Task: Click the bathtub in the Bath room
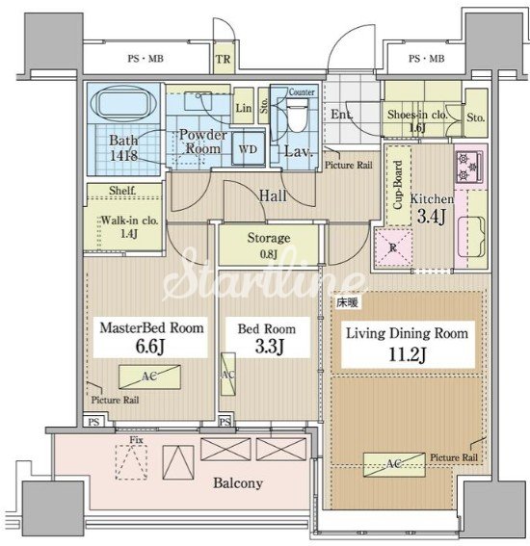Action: (x=123, y=103)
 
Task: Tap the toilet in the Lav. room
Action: (x=297, y=115)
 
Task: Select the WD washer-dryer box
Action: (x=248, y=149)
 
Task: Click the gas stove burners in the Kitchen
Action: (x=469, y=167)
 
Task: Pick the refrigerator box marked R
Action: (x=393, y=247)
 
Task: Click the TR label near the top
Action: (x=223, y=59)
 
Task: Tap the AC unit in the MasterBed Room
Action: (x=149, y=377)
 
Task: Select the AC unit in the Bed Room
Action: (x=227, y=375)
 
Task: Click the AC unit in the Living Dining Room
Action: (x=394, y=464)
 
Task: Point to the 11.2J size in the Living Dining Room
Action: (x=407, y=355)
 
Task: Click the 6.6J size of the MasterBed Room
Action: (x=149, y=347)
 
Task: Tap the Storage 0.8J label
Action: (x=269, y=246)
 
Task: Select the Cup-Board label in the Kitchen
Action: (x=398, y=185)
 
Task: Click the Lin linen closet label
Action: (x=244, y=108)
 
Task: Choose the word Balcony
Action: (x=238, y=483)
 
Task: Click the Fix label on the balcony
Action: (x=136, y=440)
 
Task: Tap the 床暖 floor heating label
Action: (x=347, y=303)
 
